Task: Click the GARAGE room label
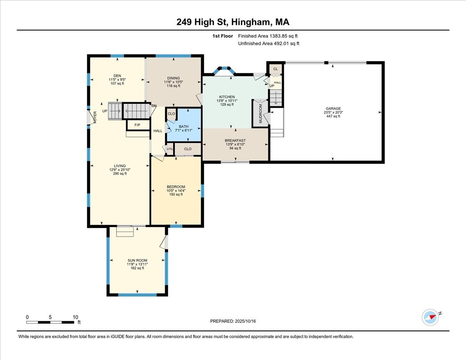333,109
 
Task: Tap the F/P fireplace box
137,125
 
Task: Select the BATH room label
183,127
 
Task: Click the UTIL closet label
170,149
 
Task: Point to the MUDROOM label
261,113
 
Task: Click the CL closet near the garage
275,69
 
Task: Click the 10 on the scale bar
76,317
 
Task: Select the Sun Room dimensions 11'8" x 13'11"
137,264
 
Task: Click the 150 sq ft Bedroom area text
176,194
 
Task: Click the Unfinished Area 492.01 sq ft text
268,43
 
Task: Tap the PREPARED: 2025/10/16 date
233,321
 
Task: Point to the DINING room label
174,78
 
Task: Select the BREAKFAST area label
235,141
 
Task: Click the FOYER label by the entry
94,117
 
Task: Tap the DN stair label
154,106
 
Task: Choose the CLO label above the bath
171,114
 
